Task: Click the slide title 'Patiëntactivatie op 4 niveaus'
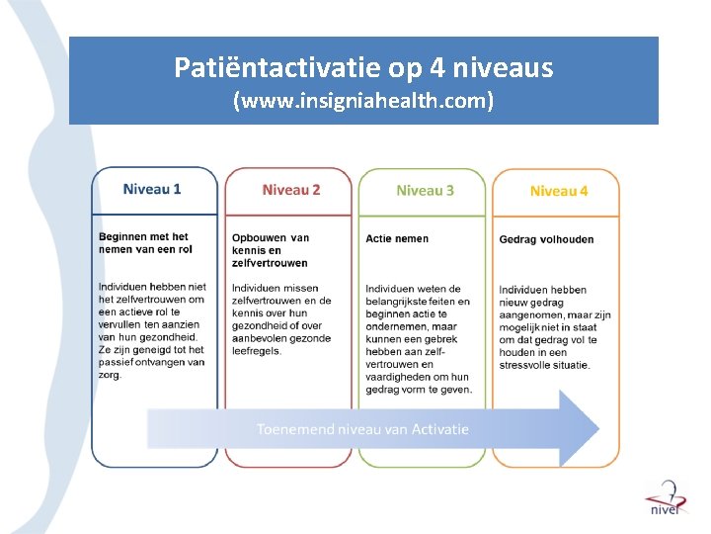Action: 363,67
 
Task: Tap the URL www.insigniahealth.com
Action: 363,101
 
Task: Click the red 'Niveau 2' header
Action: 291,190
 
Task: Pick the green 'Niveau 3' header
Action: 425,190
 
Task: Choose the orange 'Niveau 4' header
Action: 558,191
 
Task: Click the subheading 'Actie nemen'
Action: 397,238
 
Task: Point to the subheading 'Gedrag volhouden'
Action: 546,238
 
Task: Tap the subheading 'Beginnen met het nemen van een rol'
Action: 143,243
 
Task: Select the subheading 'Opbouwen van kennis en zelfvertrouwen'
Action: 271,250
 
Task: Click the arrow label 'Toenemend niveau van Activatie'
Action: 362,429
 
